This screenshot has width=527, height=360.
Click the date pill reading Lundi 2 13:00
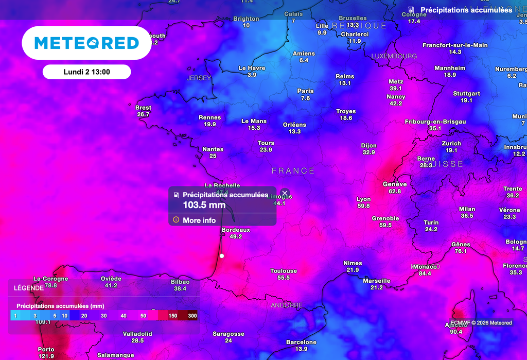click(x=86, y=72)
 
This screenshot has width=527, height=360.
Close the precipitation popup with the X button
click(x=285, y=193)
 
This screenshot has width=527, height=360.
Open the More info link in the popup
click(x=199, y=220)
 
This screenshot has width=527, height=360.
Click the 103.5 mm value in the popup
click(x=204, y=205)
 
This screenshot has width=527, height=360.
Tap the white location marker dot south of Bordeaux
click(x=222, y=255)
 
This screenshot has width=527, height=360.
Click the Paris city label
click(x=305, y=91)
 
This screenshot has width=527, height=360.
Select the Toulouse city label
click(x=284, y=271)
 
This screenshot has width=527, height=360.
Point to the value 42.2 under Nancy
click(x=396, y=104)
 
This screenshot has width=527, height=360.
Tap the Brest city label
click(x=143, y=108)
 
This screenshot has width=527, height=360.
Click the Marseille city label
click(x=377, y=281)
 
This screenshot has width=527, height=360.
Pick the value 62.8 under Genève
click(x=395, y=191)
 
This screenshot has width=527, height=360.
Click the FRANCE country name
click(x=293, y=171)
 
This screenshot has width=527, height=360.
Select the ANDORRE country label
click(x=287, y=305)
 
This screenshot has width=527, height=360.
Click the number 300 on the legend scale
click(x=192, y=315)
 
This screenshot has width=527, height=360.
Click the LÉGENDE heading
click(x=29, y=288)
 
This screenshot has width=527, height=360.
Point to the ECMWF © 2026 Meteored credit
click(x=482, y=323)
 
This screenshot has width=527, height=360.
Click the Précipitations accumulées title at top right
click(x=466, y=10)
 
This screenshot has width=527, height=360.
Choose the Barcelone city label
click(x=301, y=342)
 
